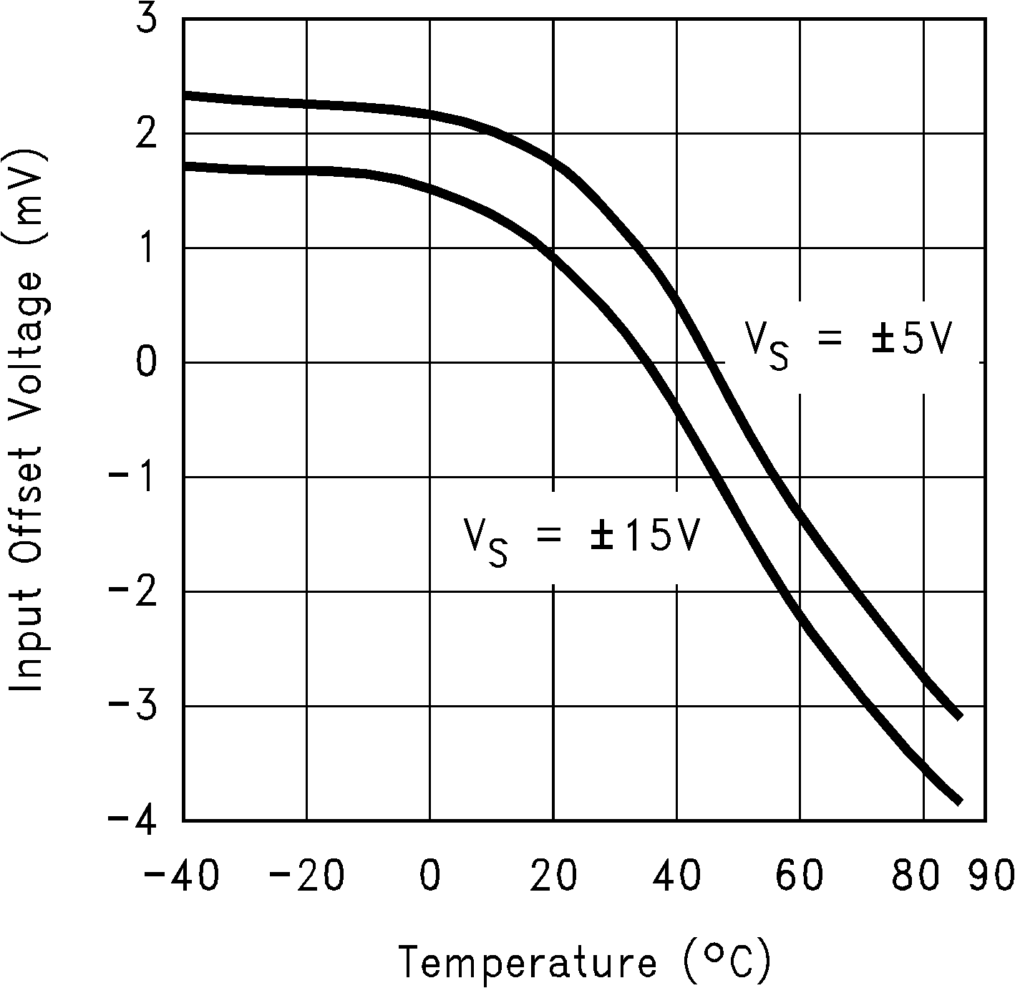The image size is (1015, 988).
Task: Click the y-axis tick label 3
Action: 146,20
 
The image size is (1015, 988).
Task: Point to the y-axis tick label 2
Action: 146,134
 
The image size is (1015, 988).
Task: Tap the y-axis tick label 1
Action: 146,248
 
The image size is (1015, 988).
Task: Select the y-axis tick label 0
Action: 146,363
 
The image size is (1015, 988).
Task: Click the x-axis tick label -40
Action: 182,876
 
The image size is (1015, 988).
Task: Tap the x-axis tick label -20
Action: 306,876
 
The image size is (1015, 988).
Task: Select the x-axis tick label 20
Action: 554,876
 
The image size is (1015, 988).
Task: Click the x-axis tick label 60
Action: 800,876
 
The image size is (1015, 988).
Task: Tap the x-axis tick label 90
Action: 992,876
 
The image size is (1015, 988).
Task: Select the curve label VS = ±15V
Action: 581,538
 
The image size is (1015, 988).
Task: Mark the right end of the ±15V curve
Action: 958,801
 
